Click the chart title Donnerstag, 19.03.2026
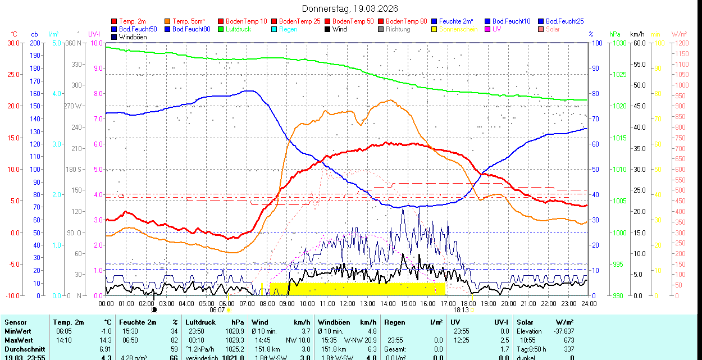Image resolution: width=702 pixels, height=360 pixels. (350, 8)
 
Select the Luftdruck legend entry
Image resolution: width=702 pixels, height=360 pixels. (238, 29)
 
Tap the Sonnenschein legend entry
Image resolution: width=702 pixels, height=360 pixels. (458, 29)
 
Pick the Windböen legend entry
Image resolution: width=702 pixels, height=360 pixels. (133, 37)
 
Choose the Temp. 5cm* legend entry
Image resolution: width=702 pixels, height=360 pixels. (189, 21)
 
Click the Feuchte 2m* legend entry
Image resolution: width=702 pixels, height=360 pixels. (456, 21)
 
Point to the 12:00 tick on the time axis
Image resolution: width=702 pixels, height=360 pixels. (348, 303)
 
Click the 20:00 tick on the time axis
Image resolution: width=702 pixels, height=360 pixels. (508, 303)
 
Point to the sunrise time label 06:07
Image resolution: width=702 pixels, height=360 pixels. (217, 309)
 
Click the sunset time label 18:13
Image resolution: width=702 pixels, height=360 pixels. (461, 309)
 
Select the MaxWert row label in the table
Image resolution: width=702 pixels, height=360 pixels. (19, 340)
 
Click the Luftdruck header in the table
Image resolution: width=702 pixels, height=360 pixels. (200, 322)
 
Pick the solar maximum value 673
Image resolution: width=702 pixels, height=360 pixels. (568, 340)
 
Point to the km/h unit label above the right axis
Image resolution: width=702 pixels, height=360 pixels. (637, 34)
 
